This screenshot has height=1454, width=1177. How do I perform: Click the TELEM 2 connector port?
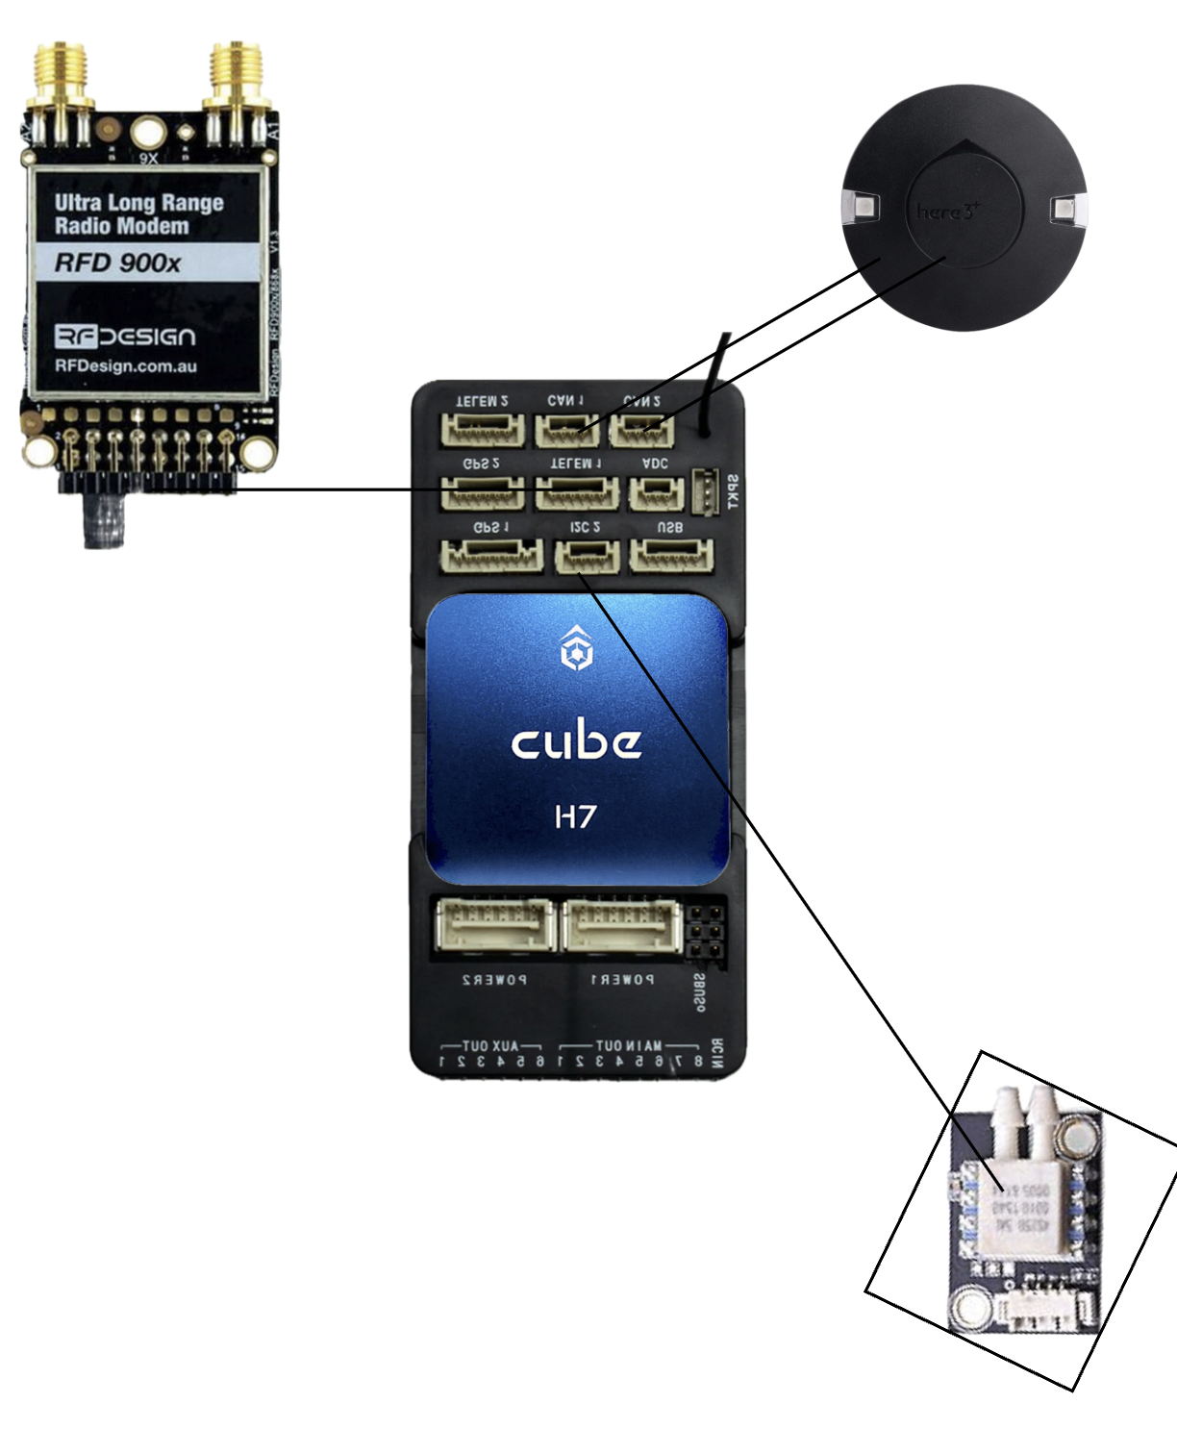(483, 430)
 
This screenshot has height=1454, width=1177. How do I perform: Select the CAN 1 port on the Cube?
(566, 430)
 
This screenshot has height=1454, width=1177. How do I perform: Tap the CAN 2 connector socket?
(641, 430)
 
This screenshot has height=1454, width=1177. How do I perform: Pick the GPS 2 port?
(482, 492)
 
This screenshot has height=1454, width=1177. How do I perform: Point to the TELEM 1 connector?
(576, 492)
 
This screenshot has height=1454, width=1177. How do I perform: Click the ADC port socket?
(656, 492)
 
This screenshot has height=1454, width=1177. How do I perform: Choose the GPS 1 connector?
(491, 556)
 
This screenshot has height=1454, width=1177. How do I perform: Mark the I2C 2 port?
(587, 556)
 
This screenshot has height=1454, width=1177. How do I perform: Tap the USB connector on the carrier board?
(671, 556)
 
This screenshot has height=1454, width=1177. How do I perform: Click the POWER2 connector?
(495, 926)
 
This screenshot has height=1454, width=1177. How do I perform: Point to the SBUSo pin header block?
(707, 930)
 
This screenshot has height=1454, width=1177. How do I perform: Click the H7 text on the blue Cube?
(575, 816)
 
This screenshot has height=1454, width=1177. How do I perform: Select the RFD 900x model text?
(117, 263)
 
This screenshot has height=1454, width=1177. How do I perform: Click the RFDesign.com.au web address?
(126, 366)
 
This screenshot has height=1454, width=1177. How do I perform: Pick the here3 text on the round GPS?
(946, 211)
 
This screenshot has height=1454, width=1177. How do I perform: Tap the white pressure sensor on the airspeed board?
(1019, 1202)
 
